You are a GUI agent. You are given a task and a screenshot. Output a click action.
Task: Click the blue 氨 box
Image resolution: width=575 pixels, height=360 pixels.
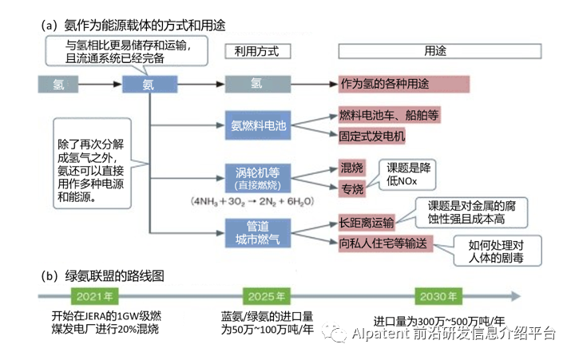148,83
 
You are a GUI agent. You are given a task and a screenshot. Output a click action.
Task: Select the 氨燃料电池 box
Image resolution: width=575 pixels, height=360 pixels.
258,126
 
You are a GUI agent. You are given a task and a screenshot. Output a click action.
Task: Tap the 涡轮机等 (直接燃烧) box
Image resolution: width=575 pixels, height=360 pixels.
258,176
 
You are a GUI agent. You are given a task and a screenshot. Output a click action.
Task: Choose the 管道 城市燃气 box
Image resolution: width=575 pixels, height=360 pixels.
258,230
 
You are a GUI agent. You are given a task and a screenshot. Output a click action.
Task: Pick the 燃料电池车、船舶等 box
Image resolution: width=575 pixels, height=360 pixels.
389,116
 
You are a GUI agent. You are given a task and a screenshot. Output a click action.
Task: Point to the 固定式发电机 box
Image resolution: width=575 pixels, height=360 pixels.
371,136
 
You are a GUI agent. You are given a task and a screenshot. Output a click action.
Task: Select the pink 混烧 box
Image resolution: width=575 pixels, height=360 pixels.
351,168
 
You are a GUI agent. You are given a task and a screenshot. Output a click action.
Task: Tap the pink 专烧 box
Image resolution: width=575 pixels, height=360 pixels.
351,189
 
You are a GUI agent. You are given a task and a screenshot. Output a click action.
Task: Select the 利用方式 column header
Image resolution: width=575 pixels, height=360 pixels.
257,50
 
